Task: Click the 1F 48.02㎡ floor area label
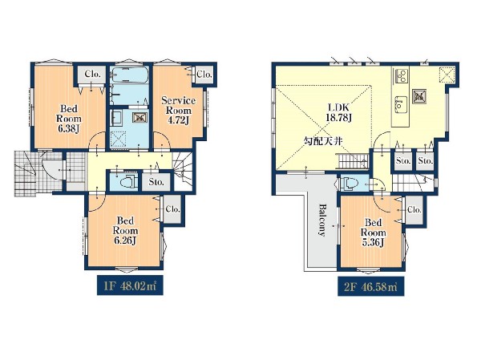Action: pyautogui.click(x=130, y=286)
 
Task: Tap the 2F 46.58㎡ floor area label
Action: pyautogui.click(x=370, y=287)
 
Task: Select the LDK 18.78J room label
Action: pyautogui.click(x=338, y=112)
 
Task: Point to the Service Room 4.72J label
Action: pyautogui.click(x=179, y=110)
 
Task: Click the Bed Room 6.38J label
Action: pyautogui.click(x=69, y=119)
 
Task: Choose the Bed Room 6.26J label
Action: pyautogui.click(x=125, y=230)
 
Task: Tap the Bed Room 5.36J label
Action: pyautogui.click(x=373, y=233)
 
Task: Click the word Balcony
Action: pyautogui.click(x=321, y=220)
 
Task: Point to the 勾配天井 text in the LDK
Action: pyautogui.click(x=323, y=141)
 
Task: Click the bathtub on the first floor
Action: pyautogui.click(x=130, y=75)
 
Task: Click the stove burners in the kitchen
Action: pyautogui.click(x=402, y=76)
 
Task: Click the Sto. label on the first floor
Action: pyautogui.click(x=156, y=182)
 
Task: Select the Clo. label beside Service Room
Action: pyautogui.click(x=204, y=74)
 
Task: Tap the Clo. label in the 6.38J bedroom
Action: pyautogui.click(x=93, y=74)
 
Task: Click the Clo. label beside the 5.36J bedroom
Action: pyautogui.click(x=414, y=209)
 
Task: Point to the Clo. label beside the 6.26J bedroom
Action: pyautogui.click(x=172, y=209)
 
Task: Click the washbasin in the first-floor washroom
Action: pyautogui.click(x=116, y=118)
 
